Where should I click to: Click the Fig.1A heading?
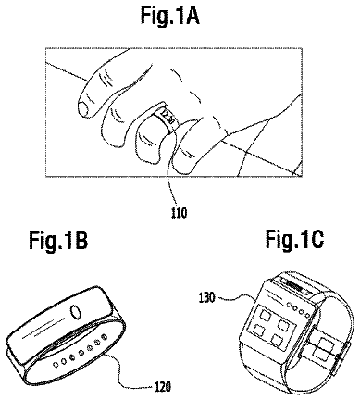(x=170, y=15)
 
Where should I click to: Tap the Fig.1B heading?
(x=58, y=240)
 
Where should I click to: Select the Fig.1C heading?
(x=294, y=239)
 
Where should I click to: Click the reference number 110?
(x=179, y=213)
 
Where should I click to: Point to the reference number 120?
(x=162, y=386)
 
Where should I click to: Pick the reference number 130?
(x=205, y=298)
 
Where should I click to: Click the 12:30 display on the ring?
(x=167, y=119)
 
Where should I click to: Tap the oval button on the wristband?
(x=76, y=312)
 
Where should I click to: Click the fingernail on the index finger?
(x=82, y=109)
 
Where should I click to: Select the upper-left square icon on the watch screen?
(x=265, y=316)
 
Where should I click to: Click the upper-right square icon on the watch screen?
(x=283, y=325)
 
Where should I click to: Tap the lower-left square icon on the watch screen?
(x=259, y=330)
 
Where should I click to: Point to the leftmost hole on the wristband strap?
(x=56, y=365)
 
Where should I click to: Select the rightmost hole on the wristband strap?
(x=106, y=335)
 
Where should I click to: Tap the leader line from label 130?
(x=235, y=297)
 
